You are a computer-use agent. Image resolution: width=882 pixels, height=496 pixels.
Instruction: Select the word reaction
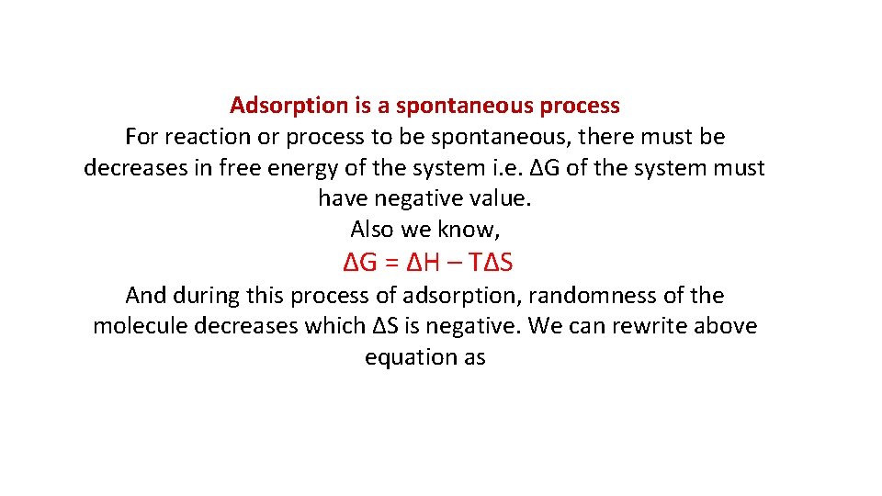(199, 138)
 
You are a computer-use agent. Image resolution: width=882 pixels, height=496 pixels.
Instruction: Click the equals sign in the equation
(390, 264)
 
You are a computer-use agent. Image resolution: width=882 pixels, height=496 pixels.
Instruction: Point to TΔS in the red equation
(491, 263)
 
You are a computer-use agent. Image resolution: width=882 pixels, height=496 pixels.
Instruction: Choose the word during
(207, 296)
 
